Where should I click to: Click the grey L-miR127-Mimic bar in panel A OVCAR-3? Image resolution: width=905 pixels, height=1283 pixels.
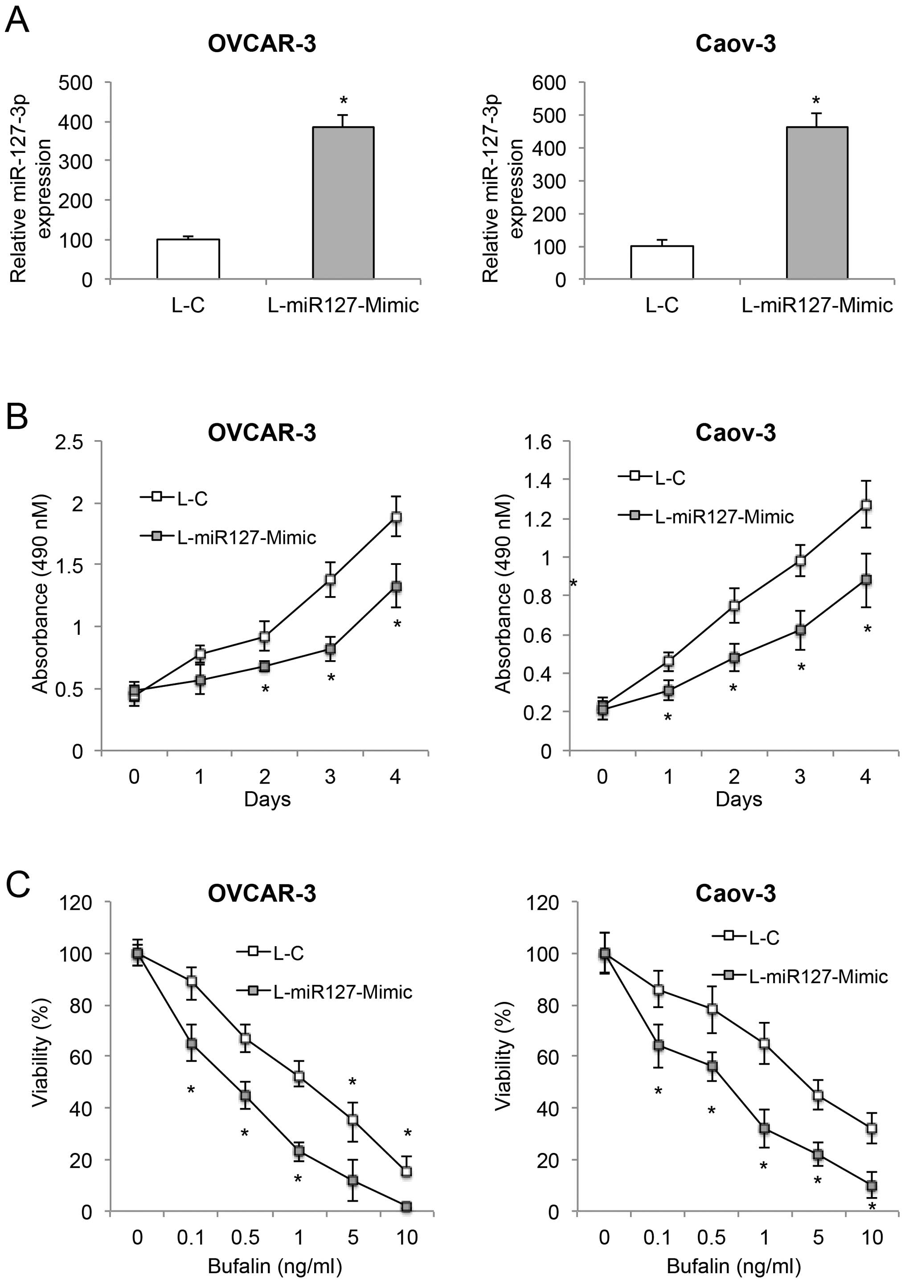click(x=343, y=202)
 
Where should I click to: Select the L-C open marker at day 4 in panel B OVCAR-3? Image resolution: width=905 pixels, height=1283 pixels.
click(x=396, y=517)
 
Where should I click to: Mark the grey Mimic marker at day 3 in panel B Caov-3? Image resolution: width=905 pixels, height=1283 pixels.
click(x=800, y=630)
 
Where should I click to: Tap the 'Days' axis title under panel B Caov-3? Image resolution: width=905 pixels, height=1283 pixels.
click(x=738, y=799)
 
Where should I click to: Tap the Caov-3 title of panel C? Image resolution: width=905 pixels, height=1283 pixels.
click(x=735, y=894)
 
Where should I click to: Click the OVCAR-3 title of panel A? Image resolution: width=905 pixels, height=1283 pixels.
click(x=262, y=44)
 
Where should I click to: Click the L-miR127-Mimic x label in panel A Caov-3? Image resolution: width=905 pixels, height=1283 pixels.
click(x=817, y=305)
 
